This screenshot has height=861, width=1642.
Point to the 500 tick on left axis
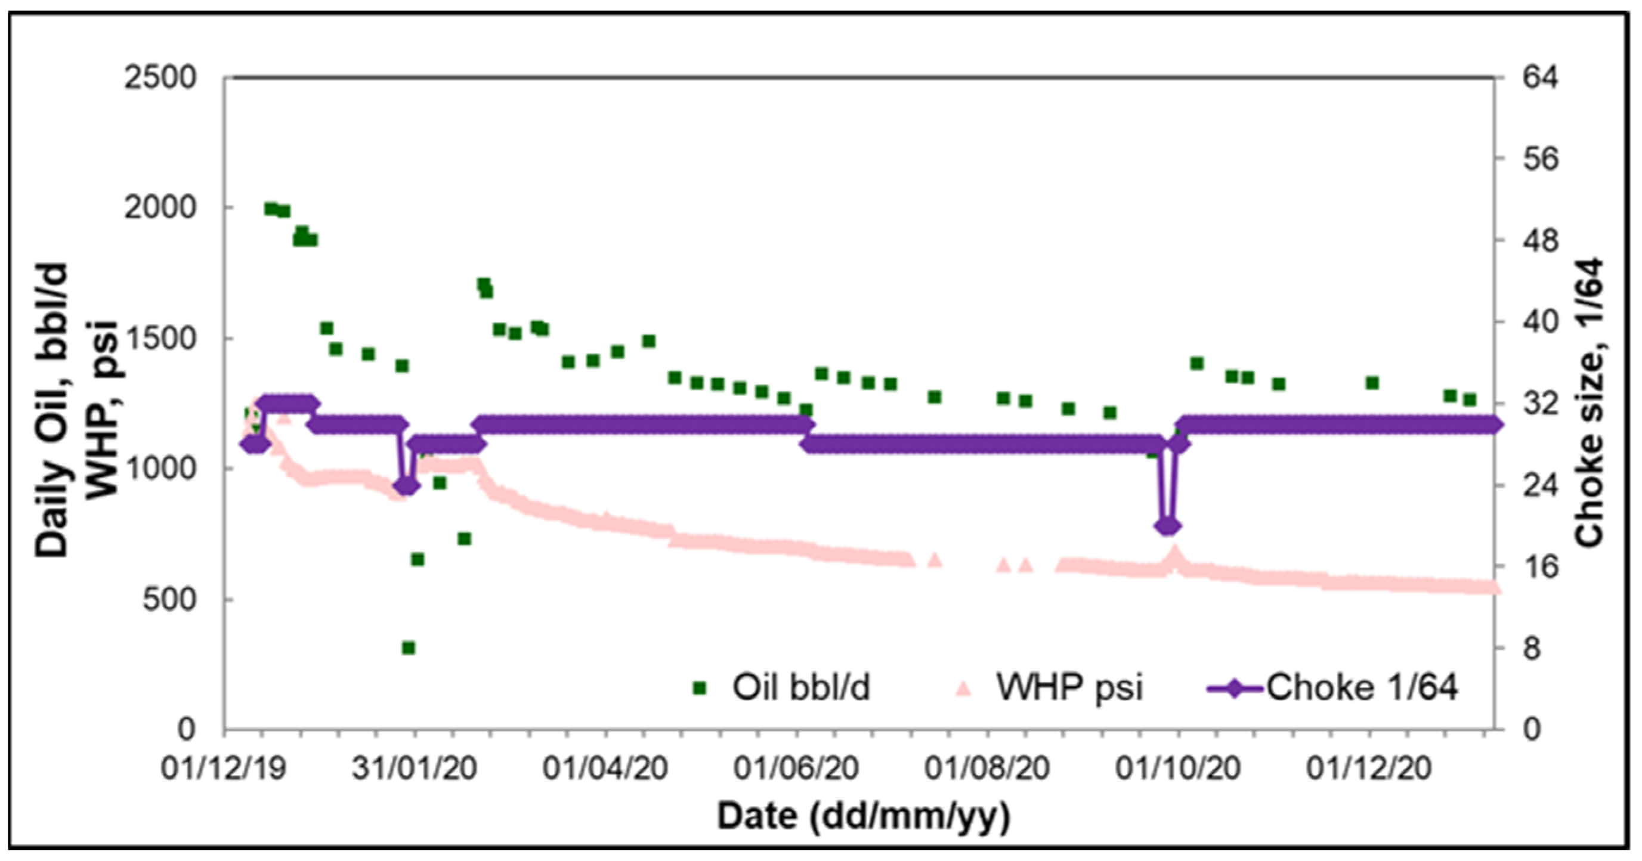(168, 600)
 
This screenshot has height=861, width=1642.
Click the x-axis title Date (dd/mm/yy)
(864, 816)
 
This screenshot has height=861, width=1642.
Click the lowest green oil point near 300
(409, 648)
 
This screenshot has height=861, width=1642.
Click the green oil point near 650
(418, 559)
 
